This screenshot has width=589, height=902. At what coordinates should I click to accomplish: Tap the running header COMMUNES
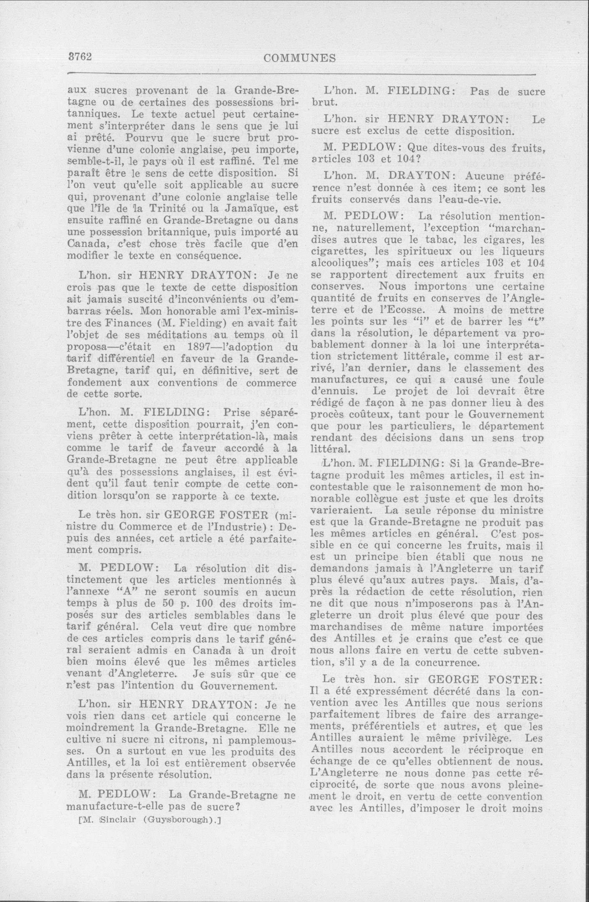pos(299,58)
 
